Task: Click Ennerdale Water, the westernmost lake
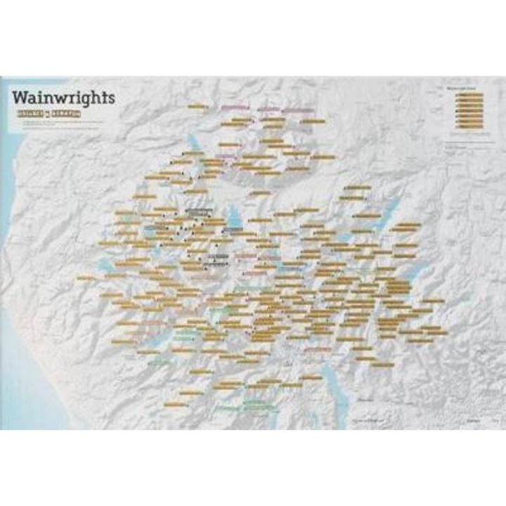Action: [105, 266]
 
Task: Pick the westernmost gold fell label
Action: [86, 278]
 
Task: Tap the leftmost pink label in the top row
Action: [235, 107]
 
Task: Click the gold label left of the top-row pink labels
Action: [197, 106]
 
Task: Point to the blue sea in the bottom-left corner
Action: [28, 394]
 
